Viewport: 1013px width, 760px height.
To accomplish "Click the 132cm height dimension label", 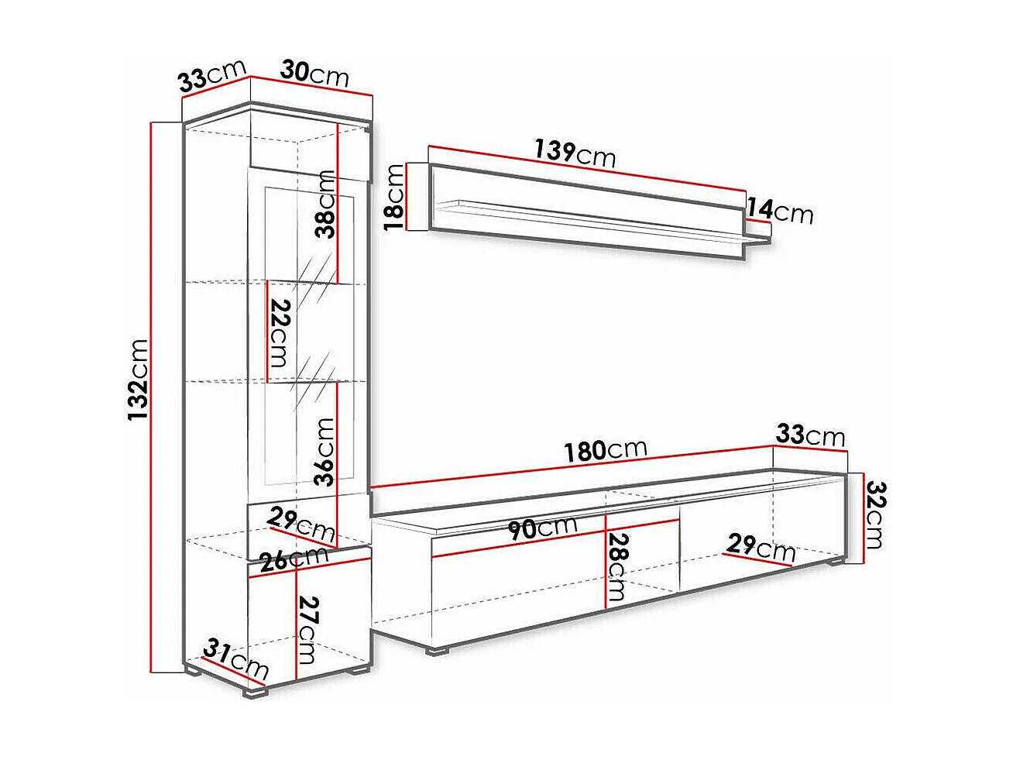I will click(139, 380).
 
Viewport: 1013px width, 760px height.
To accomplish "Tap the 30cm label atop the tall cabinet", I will click(314, 74).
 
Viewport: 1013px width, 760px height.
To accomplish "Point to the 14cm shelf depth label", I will click(781, 211).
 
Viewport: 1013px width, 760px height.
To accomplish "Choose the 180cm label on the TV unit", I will click(606, 449).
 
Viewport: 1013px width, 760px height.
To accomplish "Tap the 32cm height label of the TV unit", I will click(874, 514).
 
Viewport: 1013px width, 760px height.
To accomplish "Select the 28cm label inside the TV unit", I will click(618, 567).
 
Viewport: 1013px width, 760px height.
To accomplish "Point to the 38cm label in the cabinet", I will click(326, 205).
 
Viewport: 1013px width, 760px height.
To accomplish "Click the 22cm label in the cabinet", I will click(278, 335).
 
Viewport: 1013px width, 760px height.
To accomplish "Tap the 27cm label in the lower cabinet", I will click(307, 630).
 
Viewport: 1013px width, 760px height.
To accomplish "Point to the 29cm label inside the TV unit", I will click(761, 548).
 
